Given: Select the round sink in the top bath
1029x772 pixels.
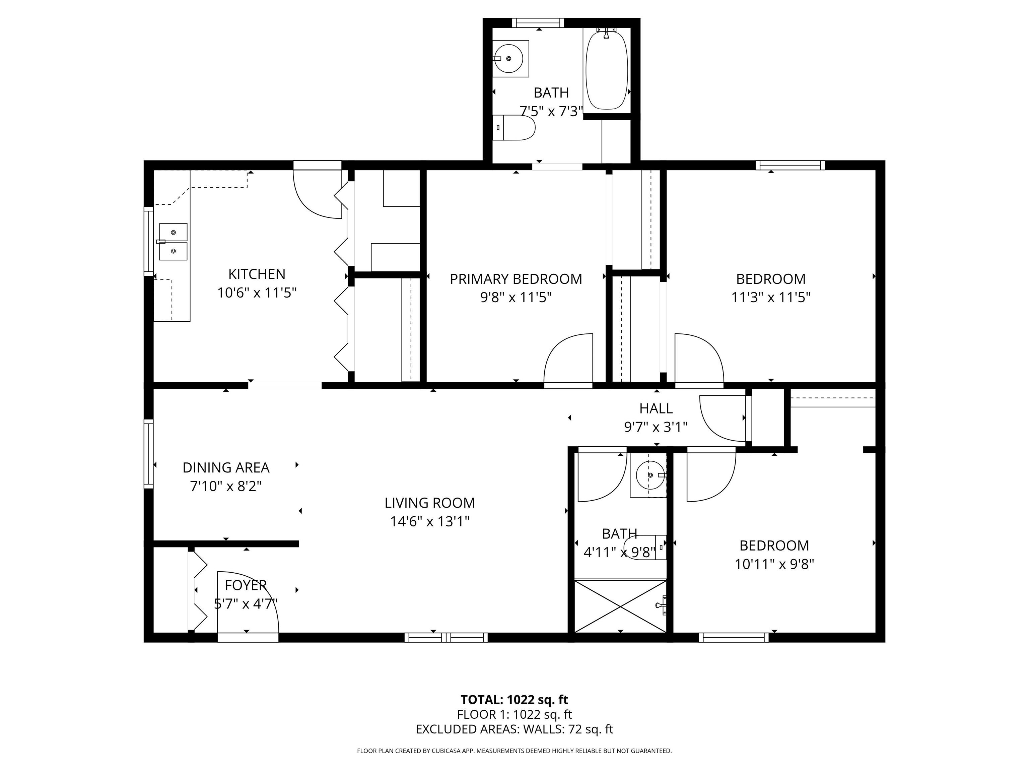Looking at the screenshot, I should click(509, 59).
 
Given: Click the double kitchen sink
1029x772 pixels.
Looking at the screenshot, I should click(173, 242).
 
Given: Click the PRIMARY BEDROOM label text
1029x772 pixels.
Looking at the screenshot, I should click(516, 279).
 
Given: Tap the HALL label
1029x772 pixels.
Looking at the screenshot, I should click(656, 408).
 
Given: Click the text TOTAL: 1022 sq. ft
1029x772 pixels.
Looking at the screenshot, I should click(514, 699).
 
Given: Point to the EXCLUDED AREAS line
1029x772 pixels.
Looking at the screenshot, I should click(514, 729).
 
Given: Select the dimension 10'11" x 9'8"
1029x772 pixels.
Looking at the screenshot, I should click(774, 564).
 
